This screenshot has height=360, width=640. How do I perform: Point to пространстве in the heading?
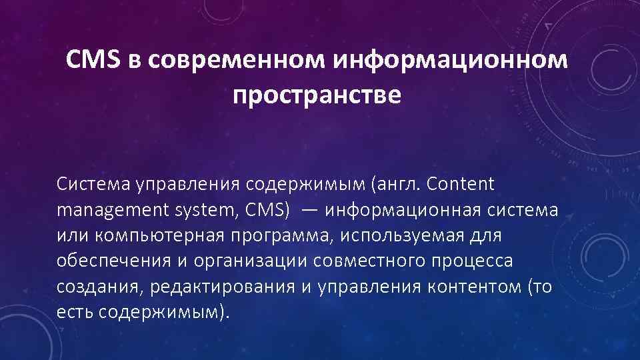pos(317,95)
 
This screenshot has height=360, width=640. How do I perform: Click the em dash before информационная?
pos(309,211)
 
